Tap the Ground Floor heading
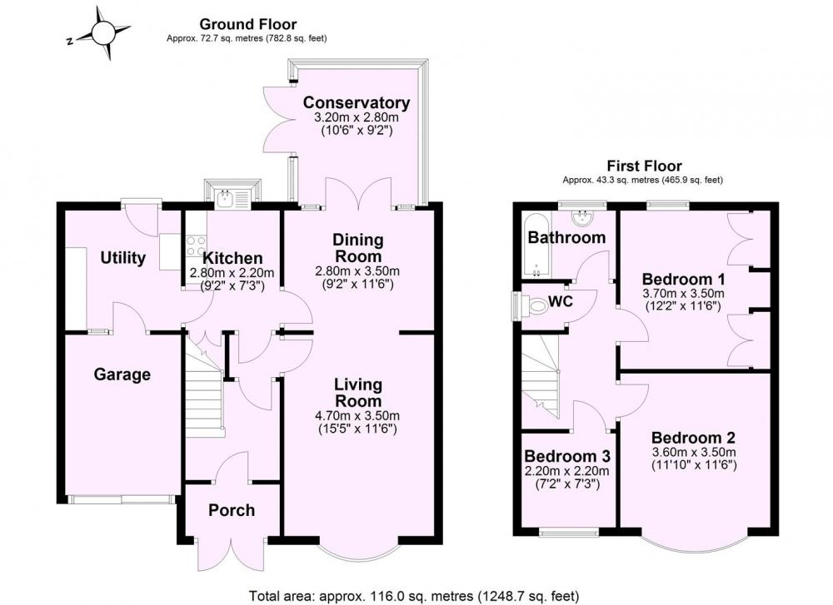pyautogui.click(x=247, y=24)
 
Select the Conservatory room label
pyautogui.click(x=357, y=102)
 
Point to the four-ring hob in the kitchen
pyautogui.click(x=196, y=247)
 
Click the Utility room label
pyautogui.click(x=123, y=258)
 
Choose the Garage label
pyautogui.click(x=122, y=374)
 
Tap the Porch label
pyautogui.click(x=232, y=510)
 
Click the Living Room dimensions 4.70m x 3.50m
pyautogui.click(x=357, y=415)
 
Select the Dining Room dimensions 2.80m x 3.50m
pyautogui.click(x=357, y=271)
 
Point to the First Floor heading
pyautogui.click(x=645, y=166)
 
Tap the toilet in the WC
pyautogui.click(x=535, y=305)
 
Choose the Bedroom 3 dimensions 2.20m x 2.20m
pyautogui.click(x=566, y=471)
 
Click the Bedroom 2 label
pyautogui.click(x=693, y=438)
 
